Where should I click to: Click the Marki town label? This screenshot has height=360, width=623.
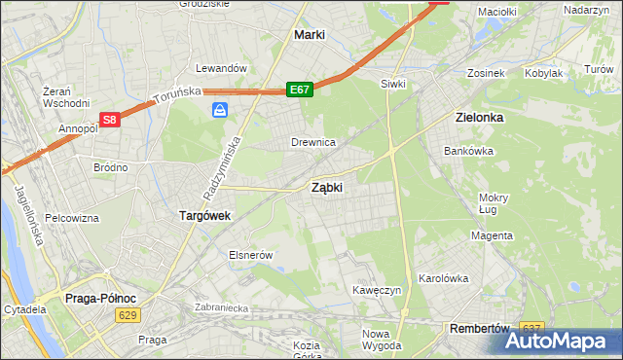[x=309, y=34]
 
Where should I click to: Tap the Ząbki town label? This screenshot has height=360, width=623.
[x=326, y=188]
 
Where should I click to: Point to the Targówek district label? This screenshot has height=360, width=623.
[x=204, y=215]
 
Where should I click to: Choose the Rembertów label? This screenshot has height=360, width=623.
[x=481, y=329]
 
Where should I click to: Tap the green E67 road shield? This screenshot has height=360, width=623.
[x=300, y=90]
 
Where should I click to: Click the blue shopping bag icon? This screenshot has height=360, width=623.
[x=220, y=112]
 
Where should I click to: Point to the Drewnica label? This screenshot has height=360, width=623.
[x=313, y=142]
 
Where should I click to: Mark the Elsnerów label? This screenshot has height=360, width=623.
[x=249, y=254]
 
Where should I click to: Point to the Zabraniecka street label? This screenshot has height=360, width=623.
[x=222, y=307]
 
